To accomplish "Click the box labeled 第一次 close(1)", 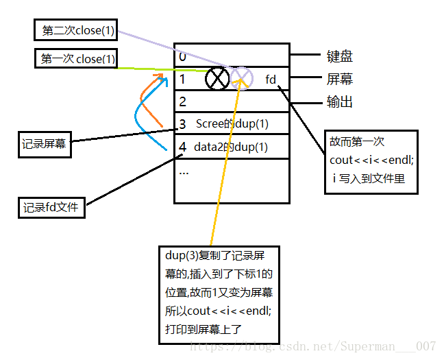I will [x=75, y=60].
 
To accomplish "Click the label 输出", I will [x=339, y=103].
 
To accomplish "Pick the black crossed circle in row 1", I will [x=218, y=79].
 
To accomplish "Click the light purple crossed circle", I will [x=242, y=79].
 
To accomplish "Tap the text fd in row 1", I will [x=271, y=80].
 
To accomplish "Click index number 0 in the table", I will [x=182, y=57].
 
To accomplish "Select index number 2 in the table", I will [x=182, y=102].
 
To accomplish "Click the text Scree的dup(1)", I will [x=232, y=124].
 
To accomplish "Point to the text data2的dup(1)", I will [x=230, y=147].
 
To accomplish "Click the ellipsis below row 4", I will [x=184, y=171].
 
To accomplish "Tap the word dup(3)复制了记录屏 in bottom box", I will [x=214, y=257].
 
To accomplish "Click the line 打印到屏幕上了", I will [x=203, y=329].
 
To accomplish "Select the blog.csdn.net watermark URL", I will [x=312, y=346].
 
